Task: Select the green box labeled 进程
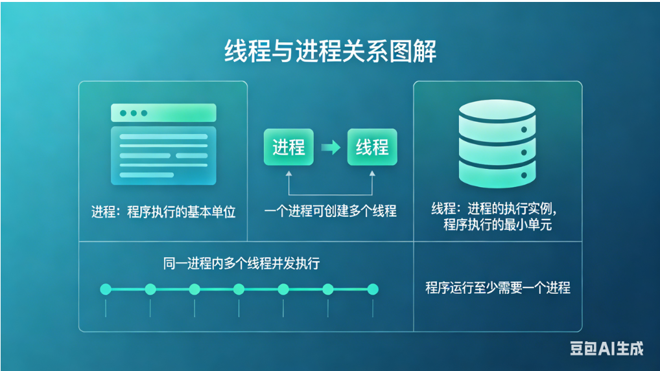[289, 148]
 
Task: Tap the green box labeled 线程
[371, 148]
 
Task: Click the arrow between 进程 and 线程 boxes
[331, 148]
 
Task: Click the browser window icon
[163, 144]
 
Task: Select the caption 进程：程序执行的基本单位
[163, 212]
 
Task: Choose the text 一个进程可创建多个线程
[330, 211]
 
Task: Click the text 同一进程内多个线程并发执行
[241, 264]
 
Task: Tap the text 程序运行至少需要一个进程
[497, 287]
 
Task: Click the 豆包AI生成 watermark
[606, 348]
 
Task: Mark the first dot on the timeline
[106, 289]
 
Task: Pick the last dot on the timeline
[372, 289]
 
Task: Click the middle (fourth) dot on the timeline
[239, 289]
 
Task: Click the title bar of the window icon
[163, 113]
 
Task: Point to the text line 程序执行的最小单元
[497, 225]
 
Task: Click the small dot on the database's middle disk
[523, 153]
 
